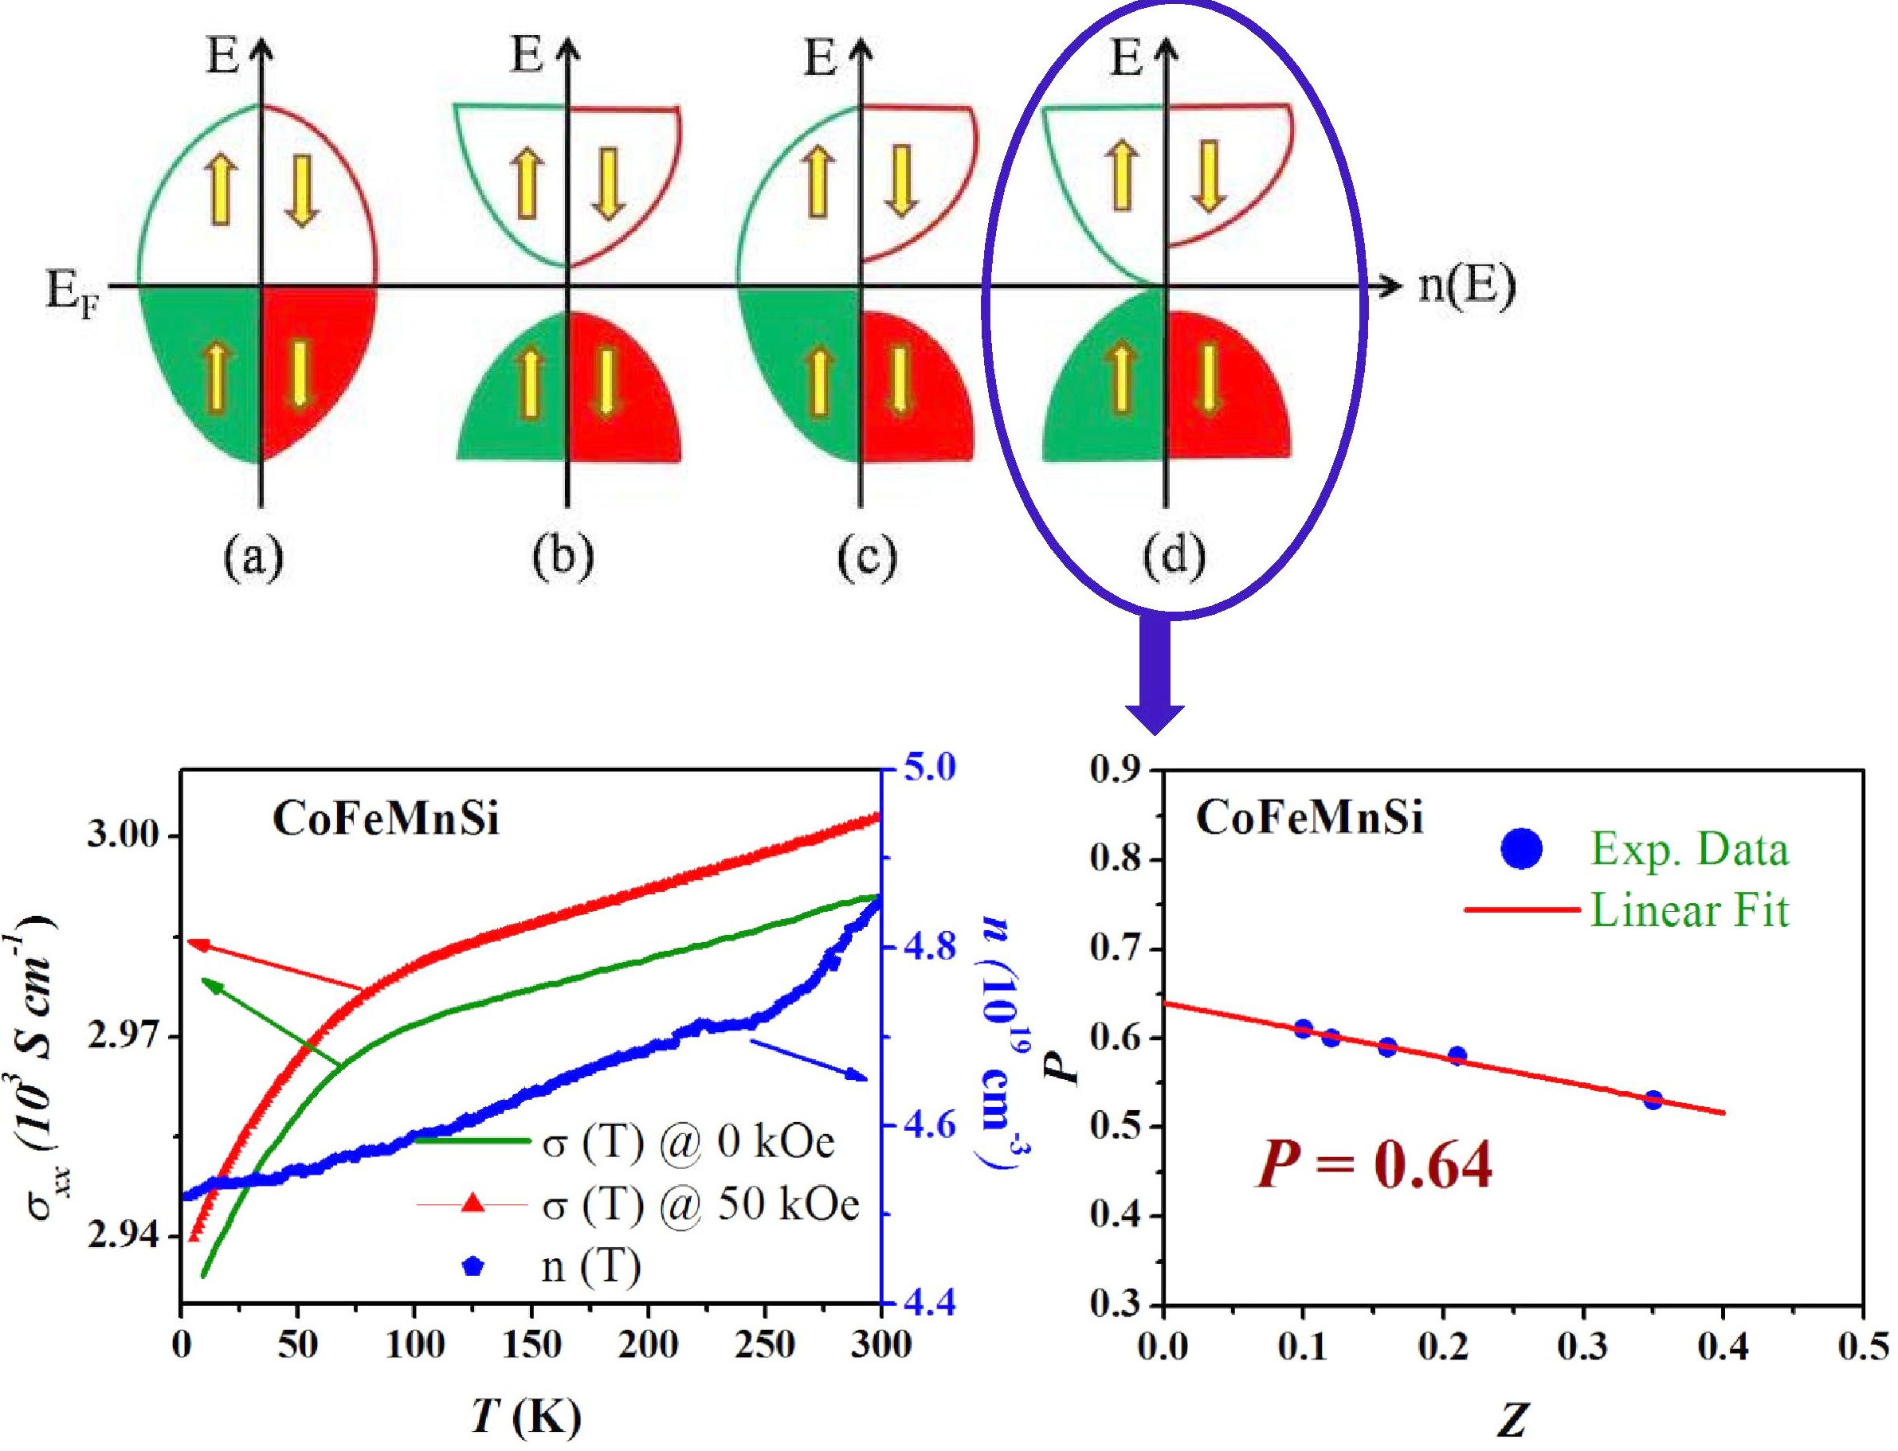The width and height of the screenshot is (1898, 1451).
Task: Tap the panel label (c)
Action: coord(866,559)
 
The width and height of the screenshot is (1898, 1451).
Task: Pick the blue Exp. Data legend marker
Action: coord(1522,850)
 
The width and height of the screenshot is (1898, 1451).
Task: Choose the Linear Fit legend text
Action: coord(1689,909)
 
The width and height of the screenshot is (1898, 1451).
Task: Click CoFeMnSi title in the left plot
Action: coord(386,820)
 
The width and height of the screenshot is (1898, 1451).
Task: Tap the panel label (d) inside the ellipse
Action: coord(1173,559)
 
